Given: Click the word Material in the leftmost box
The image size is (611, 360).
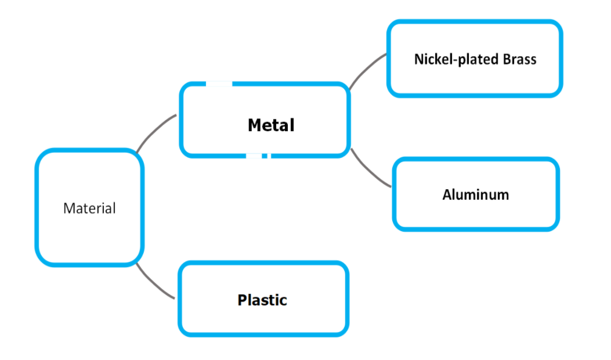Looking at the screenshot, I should (x=89, y=208).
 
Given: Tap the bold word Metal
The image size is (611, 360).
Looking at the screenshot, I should (x=271, y=125).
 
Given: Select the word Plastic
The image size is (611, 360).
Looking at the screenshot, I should (x=262, y=300).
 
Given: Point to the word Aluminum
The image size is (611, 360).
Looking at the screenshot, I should (x=476, y=195).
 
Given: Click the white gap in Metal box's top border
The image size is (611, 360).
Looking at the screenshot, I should (x=219, y=84).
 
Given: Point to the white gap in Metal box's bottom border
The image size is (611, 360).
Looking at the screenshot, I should (x=255, y=156).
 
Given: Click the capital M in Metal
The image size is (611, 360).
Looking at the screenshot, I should (x=254, y=125).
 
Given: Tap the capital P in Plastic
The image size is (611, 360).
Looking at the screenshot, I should (x=242, y=300).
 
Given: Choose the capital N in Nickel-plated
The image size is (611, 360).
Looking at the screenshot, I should (x=418, y=59).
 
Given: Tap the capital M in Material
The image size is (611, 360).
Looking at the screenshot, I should (x=68, y=208).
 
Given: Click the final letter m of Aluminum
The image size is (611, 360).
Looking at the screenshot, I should (x=504, y=195).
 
